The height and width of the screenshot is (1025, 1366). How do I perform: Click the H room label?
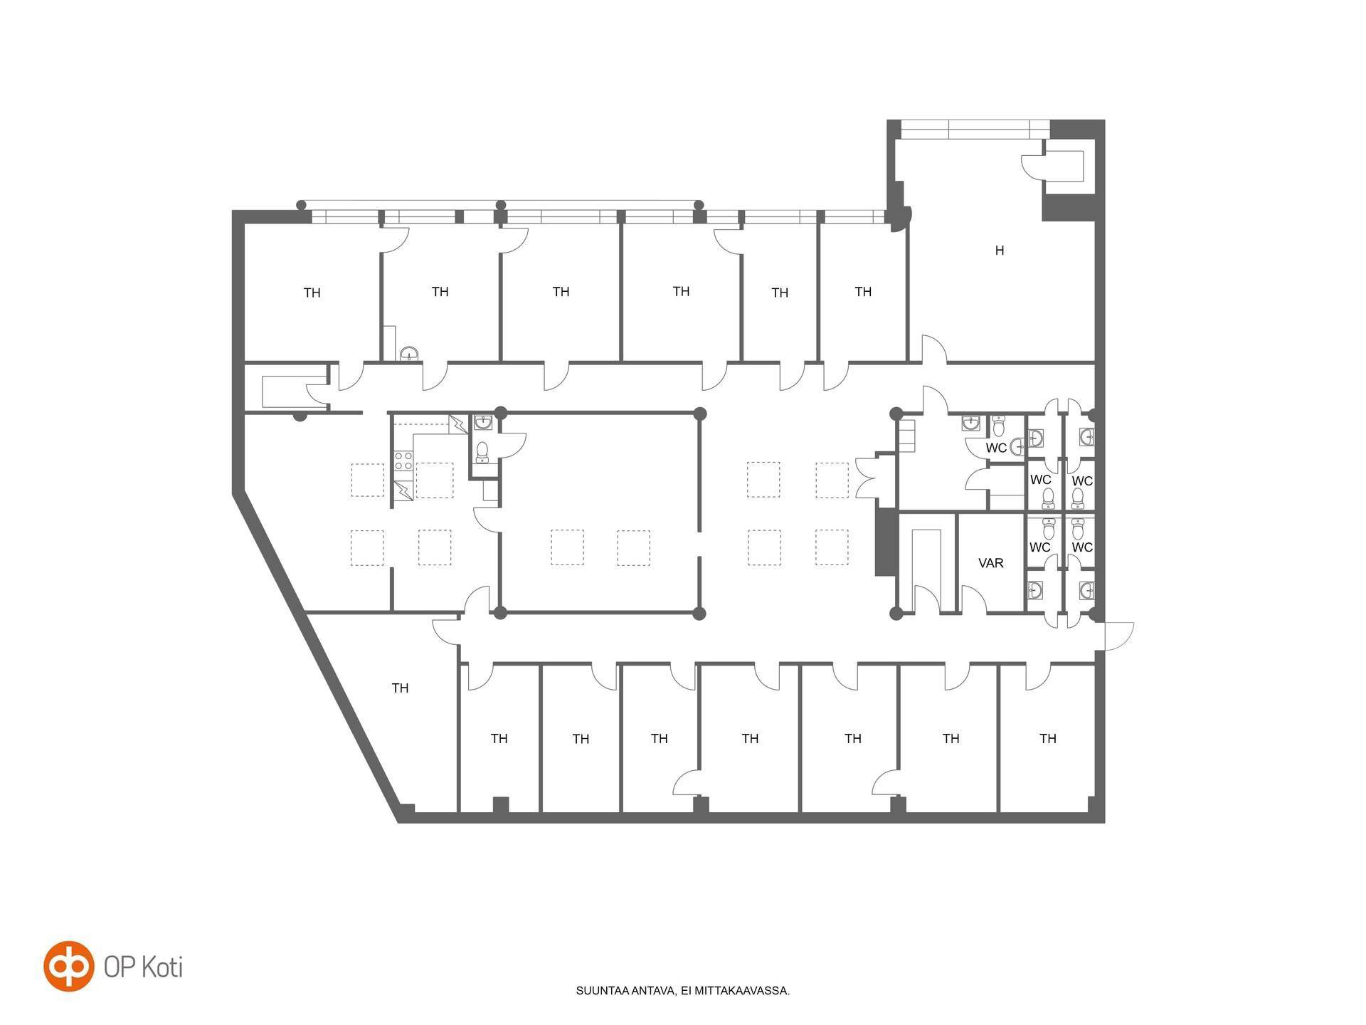(1000, 251)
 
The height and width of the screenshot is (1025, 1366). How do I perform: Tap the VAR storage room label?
(991, 563)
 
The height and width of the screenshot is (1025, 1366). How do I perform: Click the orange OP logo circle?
(69, 966)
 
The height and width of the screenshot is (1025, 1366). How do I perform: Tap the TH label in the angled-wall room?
(400, 688)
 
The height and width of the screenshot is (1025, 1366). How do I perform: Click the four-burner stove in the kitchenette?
(403, 461)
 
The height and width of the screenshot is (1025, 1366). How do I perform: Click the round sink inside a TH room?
(409, 353)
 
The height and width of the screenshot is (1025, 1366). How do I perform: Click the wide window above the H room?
(975, 130)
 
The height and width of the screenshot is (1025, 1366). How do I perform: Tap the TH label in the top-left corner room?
(312, 293)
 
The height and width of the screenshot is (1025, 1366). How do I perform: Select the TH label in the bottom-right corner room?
(1048, 739)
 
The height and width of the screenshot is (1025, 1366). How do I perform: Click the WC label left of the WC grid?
(996, 448)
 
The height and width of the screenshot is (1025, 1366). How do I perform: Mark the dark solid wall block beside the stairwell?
(884, 542)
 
